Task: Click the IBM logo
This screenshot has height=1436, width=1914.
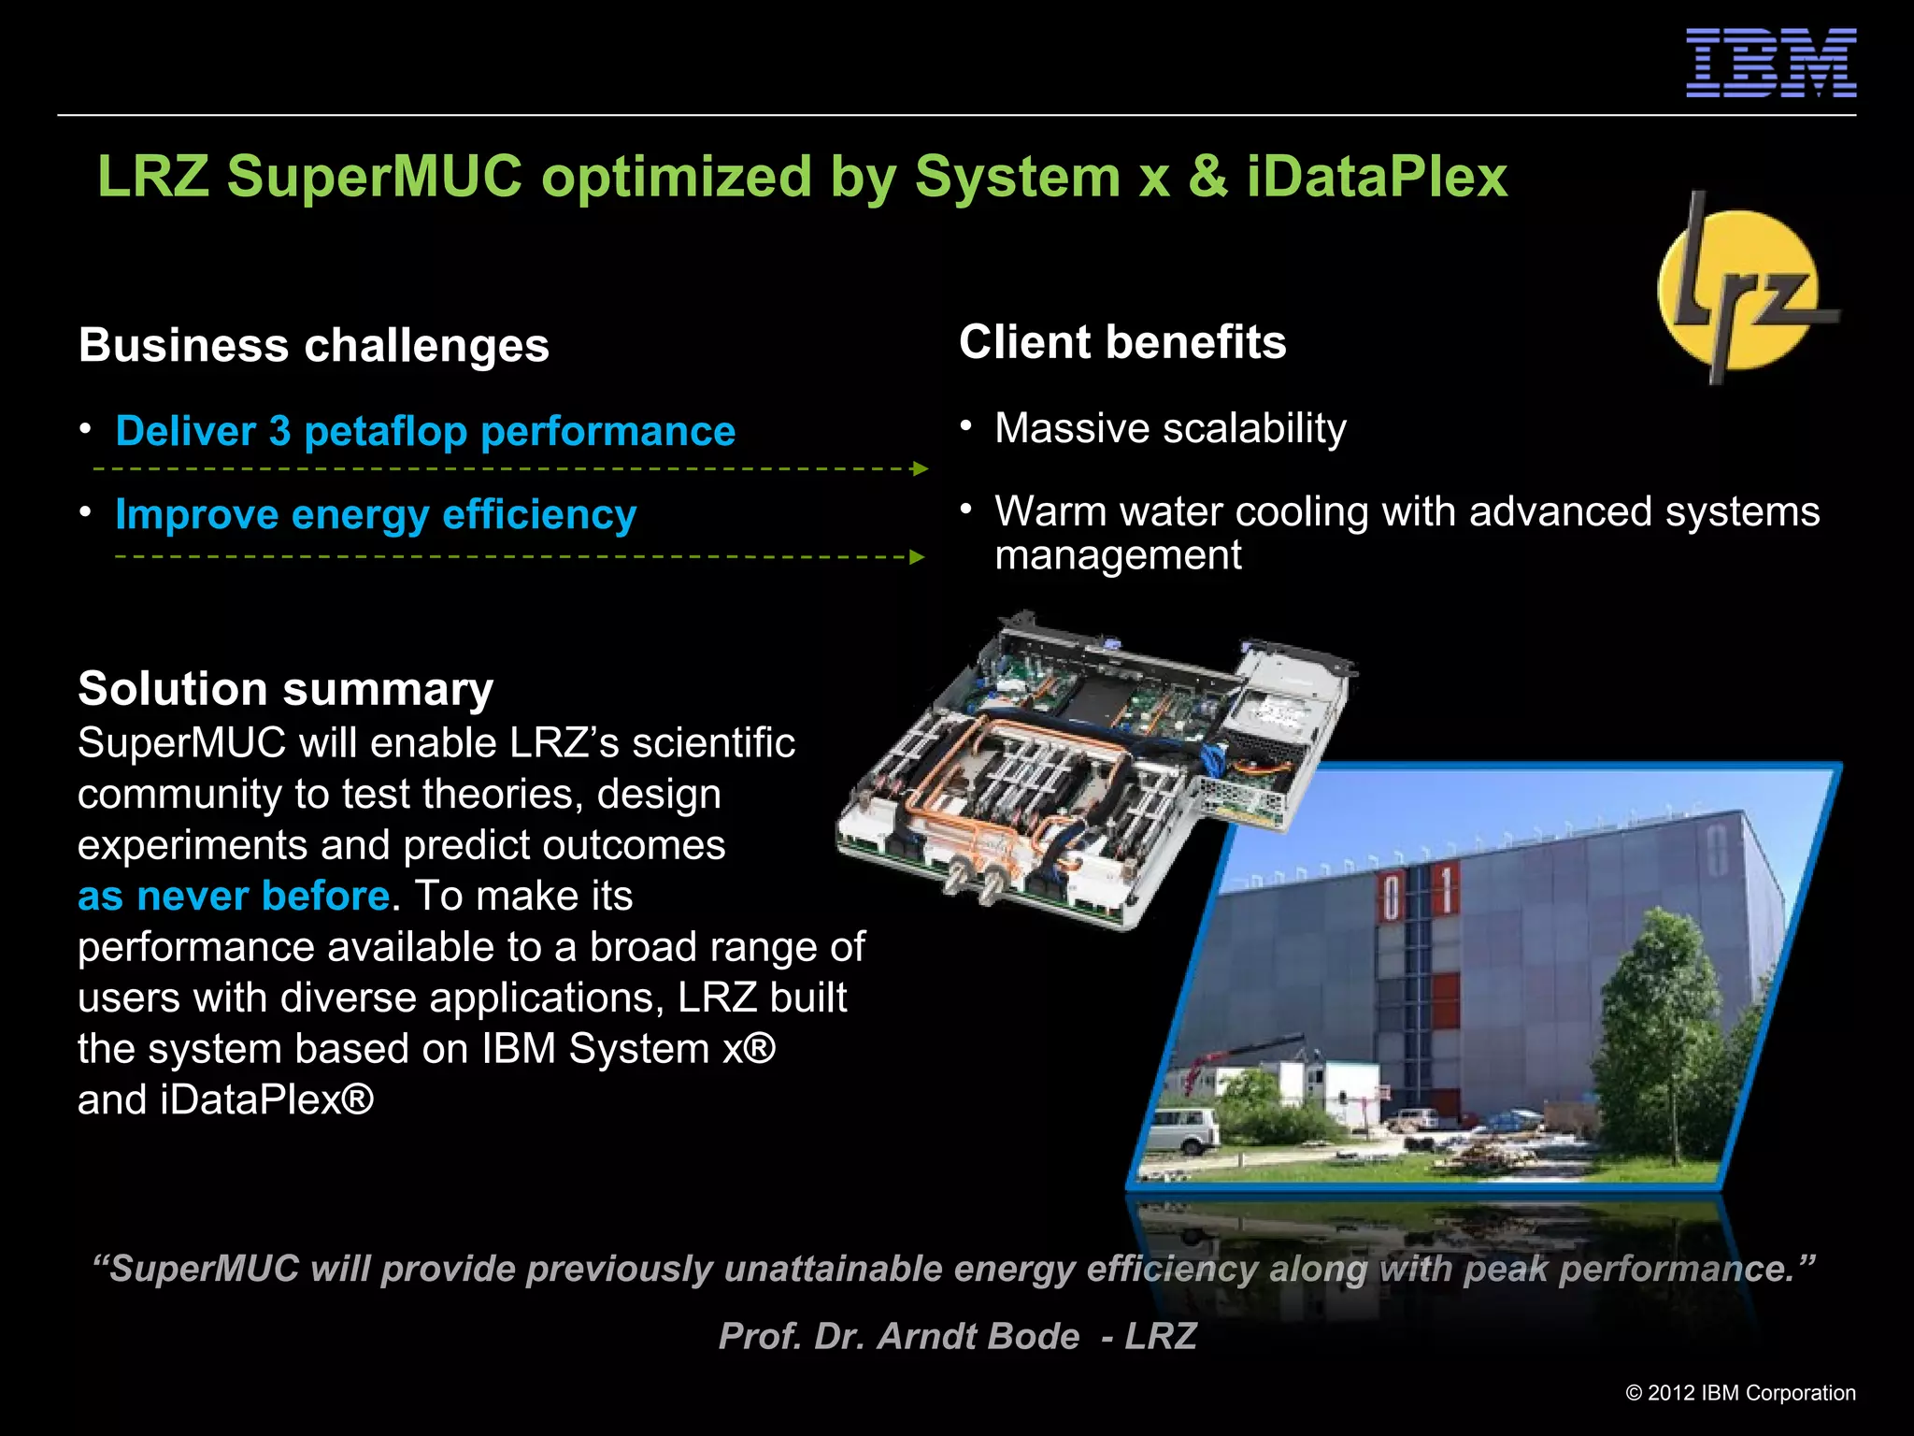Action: click(1770, 63)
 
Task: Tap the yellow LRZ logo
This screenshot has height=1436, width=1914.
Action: click(1738, 290)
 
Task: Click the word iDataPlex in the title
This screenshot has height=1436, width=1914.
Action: click(1377, 176)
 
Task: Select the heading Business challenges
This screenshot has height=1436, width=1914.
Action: click(314, 345)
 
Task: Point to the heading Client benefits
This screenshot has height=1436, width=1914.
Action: click(1122, 342)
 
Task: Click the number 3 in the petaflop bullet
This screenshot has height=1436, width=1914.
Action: click(279, 431)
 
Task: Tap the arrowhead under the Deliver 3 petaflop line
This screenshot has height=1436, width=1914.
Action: click(920, 468)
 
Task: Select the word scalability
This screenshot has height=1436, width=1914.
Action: click(1254, 428)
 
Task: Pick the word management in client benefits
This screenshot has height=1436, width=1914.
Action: click(1118, 555)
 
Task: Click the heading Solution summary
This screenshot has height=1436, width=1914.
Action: click(285, 689)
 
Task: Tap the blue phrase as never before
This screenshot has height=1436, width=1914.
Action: click(234, 896)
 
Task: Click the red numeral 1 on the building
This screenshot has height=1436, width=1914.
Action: click(1447, 889)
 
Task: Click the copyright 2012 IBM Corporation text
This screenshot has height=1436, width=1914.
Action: click(1740, 1393)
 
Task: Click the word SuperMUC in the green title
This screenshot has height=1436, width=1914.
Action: click(374, 176)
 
